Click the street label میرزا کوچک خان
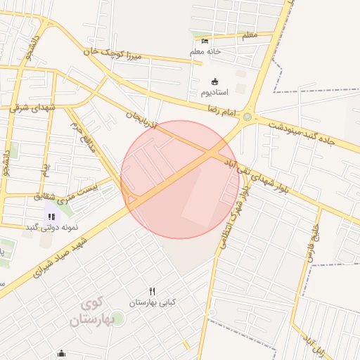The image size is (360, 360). [x=108, y=53]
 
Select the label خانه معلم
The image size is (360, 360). [x=205, y=51]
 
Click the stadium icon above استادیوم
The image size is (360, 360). [x=214, y=81]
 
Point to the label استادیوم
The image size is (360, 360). [x=215, y=92]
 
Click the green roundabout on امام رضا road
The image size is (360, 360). [x=247, y=117]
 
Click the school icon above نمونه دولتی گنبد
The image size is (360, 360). [x=51, y=216]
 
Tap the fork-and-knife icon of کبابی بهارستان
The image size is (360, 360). [x=152, y=291]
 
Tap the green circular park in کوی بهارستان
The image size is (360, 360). [x=117, y=319]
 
